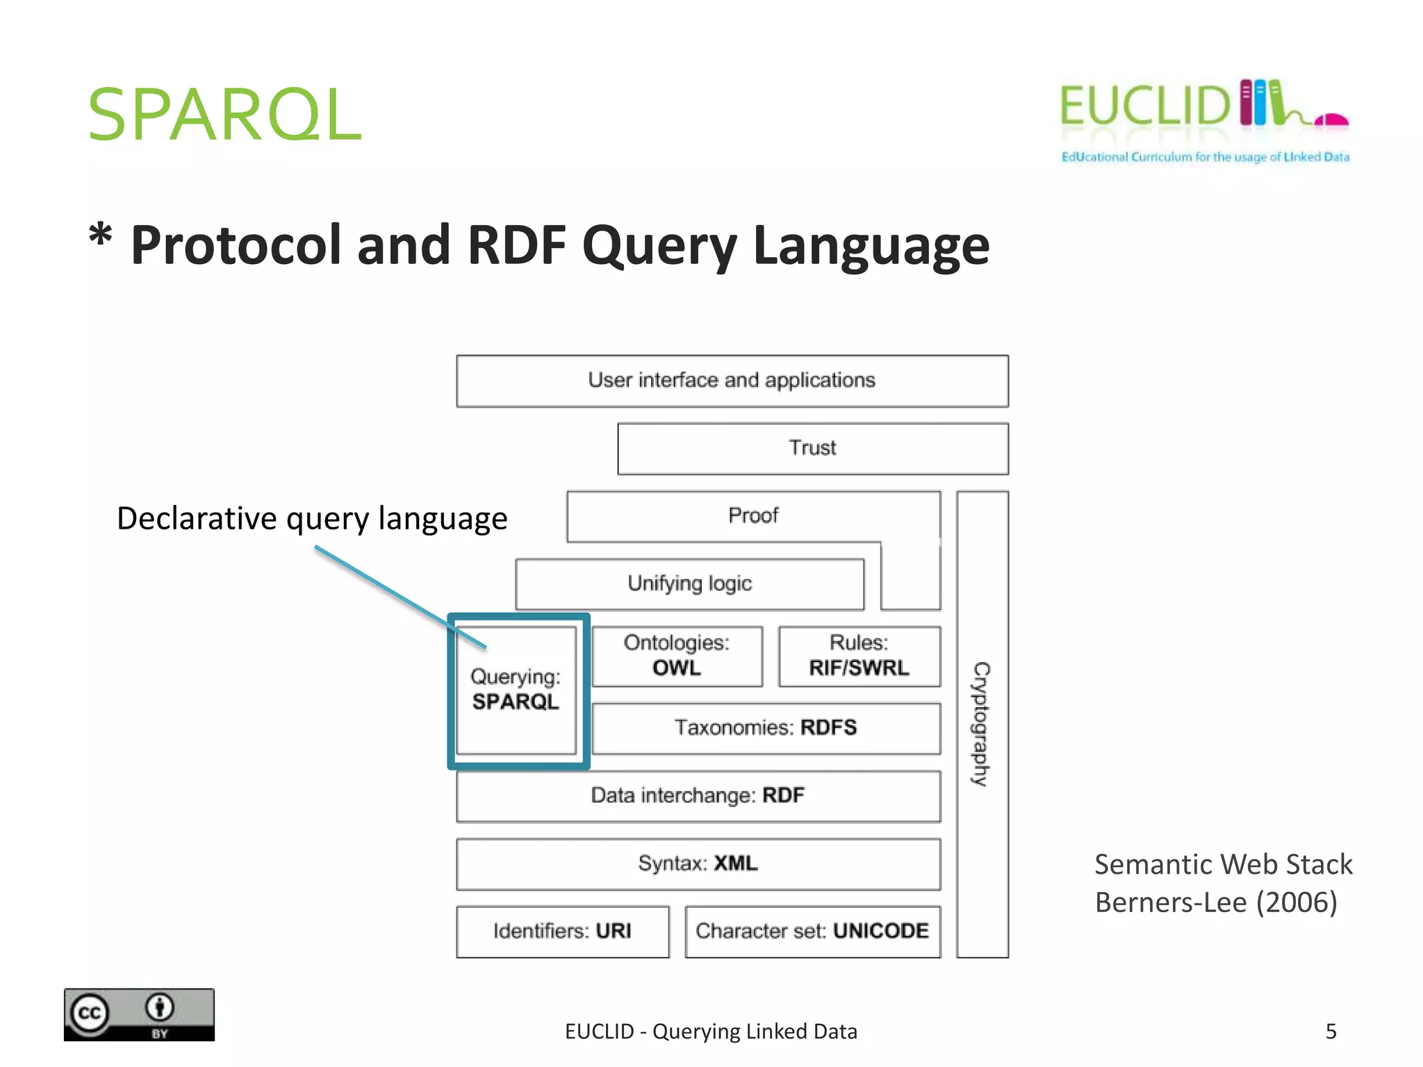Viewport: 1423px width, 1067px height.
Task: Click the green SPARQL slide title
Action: (x=224, y=115)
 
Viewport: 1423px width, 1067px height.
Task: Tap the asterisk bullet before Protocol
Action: (x=101, y=236)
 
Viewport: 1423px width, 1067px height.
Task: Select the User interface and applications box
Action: (x=732, y=381)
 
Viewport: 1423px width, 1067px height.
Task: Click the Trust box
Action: (x=812, y=448)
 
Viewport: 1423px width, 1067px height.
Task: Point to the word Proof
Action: (x=753, y=515)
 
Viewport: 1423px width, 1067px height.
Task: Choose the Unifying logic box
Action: (x=689, y=584)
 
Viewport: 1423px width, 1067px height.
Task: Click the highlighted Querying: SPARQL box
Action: (x=516, y=690)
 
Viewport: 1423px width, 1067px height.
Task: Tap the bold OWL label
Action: (x=677, y=668)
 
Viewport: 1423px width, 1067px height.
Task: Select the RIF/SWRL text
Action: (x=859, y=668)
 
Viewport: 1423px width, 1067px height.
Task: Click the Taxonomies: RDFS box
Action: (x=766, y=728)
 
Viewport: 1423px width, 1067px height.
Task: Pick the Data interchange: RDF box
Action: (x=698, y=795)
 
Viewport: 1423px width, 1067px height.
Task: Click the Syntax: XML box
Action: (x=698, y=863)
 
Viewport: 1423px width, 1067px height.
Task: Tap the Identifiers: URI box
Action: (x=562, y=931)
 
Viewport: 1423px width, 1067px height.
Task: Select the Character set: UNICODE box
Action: (x=812, y=931)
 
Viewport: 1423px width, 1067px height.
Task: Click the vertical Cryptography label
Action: (x=981, y=724)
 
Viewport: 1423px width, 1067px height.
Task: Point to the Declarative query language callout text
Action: (x=312, y=519)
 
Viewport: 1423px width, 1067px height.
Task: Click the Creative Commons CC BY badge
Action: (x=139, y=1014)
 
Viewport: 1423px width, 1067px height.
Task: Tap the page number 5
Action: (x=1331, y=1032)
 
